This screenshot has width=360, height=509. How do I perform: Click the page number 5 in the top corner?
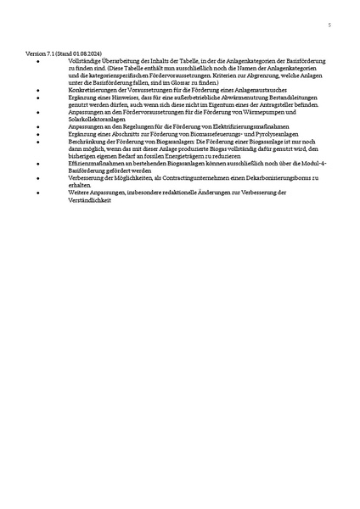point(329,26)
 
